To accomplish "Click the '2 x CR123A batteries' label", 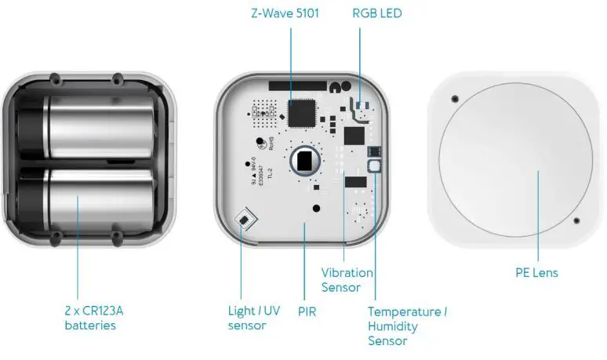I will [x=93, y=317].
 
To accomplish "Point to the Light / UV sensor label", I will [x=252, y=317].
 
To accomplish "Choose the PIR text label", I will [x=307, y=311].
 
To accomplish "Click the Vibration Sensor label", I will [x=346, y=279].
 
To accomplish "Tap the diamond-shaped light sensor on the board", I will [x=246, y=219].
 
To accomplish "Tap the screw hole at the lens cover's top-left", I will [x=455, y=100].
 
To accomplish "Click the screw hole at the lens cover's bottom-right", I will [x=576, y=220].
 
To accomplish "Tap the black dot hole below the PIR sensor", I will [x=315, y=209].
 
